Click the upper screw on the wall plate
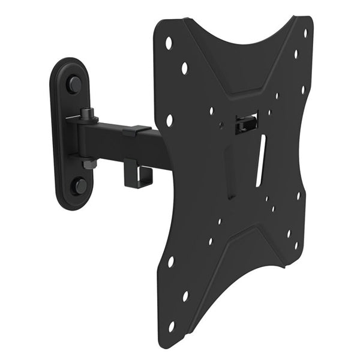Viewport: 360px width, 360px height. [74, 84]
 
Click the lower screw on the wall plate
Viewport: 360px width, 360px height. [79, 185]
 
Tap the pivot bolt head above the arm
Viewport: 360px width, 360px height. [86, 112]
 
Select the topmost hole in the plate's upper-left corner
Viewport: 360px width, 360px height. [169, 43]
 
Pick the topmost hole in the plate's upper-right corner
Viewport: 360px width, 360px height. [305, 33]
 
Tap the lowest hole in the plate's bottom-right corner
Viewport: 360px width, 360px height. [295, 245]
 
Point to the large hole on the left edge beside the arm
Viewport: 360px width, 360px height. [169, 120]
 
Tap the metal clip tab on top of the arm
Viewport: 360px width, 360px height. [137, 129]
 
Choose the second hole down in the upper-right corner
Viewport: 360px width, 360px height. [296, 54]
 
